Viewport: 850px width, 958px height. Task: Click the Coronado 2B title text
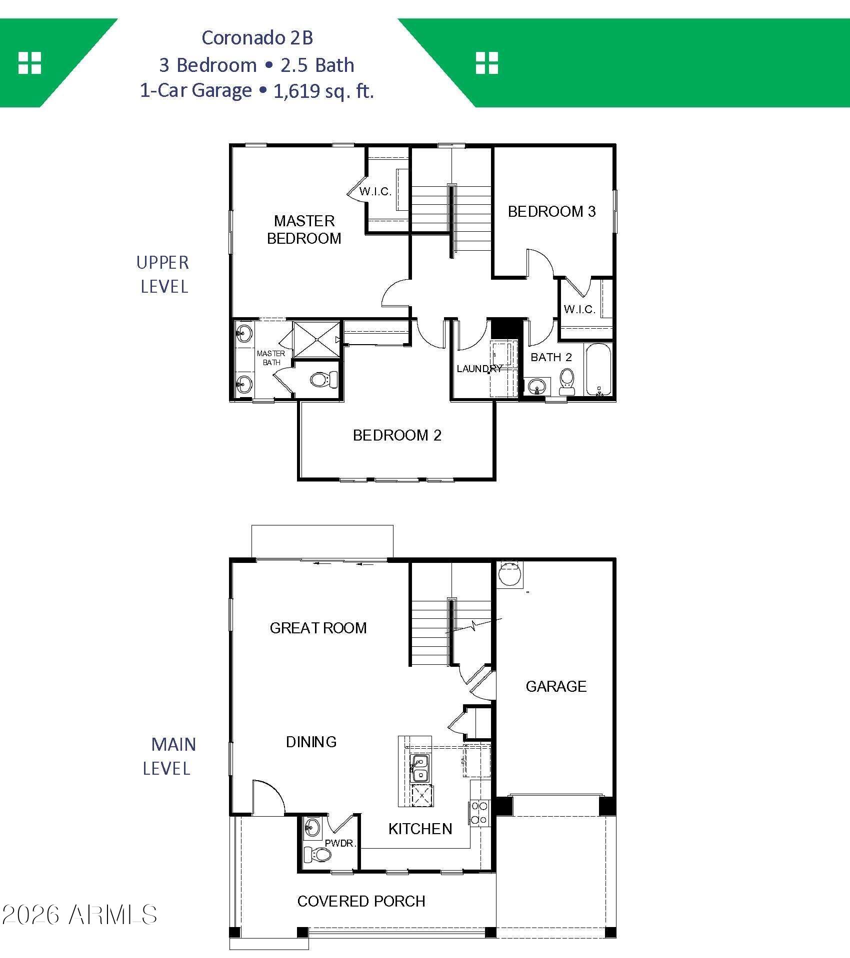pyautogui.click(x=257, y=38)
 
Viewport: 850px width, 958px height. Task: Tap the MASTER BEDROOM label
pyautogui.click(x=304, y=229)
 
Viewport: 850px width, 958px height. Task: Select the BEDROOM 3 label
pyautogui.click(x=551, y=211)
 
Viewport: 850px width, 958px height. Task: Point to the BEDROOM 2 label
pyautogui.click(x=397, y=435)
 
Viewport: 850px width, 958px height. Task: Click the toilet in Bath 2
pyautogui.click(x=566, y=382)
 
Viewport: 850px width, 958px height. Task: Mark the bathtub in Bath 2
pyautogui.click(x=598, y=369)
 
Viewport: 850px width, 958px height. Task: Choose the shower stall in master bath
pyautogui.click(x=317, y=339)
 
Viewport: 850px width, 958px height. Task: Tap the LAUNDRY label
pyautogui.click(x=479, y=369)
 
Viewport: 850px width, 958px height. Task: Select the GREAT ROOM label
pyautogui.click(x=318, y=628)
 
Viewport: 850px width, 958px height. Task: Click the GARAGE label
pyautogui.click(x=556, y=686)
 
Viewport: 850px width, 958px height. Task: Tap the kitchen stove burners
pyautogui.click(x=479, y=813)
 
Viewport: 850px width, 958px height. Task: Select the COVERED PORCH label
pyautogui.click(x=361, y=901)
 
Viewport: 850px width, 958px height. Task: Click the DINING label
pyautogui.click(x=311, y=742)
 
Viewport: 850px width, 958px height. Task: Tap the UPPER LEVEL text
pyautogui.click(x=163, y=274)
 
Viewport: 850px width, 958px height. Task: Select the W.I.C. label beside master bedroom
pyautogui.click(x=375, y=191)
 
